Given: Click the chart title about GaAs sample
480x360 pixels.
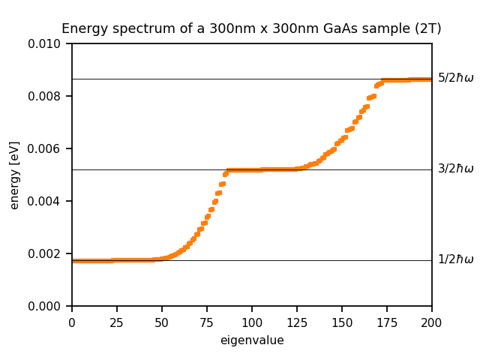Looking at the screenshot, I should [251, 29].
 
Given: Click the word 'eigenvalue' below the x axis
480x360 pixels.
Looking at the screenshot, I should [252, 340].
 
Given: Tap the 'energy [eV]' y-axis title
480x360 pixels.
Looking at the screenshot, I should [15, 175].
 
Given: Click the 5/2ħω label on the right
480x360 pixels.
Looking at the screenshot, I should [456, 78].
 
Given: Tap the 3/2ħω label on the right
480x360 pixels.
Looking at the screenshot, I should [456, 169].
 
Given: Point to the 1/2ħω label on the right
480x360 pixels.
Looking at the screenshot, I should [456, 259].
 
